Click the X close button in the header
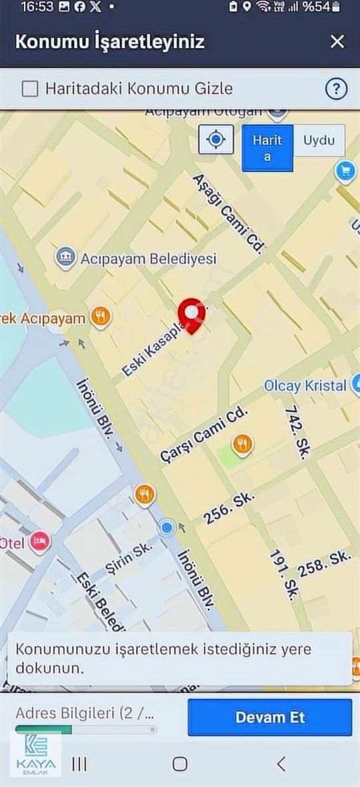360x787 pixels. (x=337, y=41)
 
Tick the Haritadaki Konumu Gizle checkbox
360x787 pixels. (x=30, y=89)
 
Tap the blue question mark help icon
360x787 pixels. (x=336, y=89)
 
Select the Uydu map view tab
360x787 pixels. (x=319, y=141)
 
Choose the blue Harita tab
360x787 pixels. (x=267, y=148)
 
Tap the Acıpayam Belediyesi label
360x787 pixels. (x=148, y=258)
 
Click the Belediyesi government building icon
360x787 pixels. (x=65, y=257)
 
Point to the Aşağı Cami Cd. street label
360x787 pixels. (x=227, y=214)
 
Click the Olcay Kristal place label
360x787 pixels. (x=305, y=385)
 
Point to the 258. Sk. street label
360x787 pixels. (x=324, y=564)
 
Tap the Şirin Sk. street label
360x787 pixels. (x=129, y=558)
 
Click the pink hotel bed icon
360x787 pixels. (x=40, y=542)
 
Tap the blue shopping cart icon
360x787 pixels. (x=345, y=172)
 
